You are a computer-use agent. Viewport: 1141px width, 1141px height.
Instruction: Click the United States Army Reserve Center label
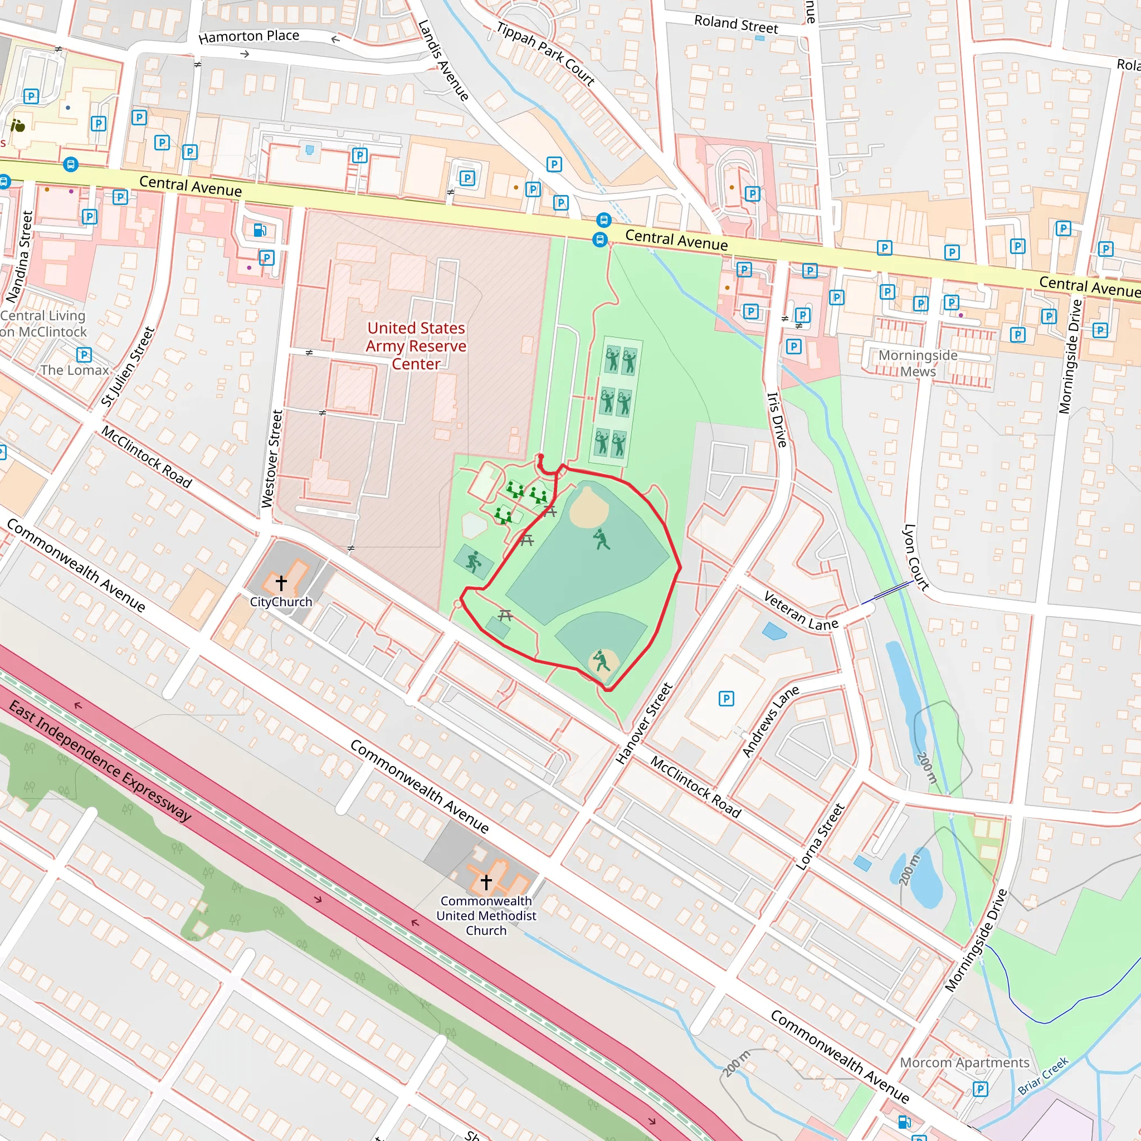416,345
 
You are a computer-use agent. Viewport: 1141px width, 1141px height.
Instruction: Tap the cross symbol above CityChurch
281,583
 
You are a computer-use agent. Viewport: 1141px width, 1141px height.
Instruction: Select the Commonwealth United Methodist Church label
486,915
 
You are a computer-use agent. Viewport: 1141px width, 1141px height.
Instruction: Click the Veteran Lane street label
800,611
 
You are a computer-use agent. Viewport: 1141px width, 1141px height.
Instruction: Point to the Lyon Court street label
916,557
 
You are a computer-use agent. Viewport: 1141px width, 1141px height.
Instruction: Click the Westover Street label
272,459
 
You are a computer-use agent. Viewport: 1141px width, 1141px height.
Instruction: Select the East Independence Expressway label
100,761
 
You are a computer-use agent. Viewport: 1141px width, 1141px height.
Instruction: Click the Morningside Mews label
918,363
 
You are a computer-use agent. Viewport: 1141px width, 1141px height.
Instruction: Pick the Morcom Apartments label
964,1062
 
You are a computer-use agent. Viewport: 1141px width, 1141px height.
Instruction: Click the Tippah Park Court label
545,53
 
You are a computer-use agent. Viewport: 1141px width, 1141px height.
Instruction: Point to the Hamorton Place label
248,37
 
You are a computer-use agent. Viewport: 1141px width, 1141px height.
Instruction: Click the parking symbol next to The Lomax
84,354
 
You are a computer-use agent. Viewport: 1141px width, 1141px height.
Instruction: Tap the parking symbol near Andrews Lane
726,699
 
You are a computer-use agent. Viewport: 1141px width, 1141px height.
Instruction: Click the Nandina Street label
19,257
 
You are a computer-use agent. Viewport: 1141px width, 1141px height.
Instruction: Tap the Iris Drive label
777,420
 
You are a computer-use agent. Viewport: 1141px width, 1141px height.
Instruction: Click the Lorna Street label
820,836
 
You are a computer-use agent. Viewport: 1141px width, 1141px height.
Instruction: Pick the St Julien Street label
128,366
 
